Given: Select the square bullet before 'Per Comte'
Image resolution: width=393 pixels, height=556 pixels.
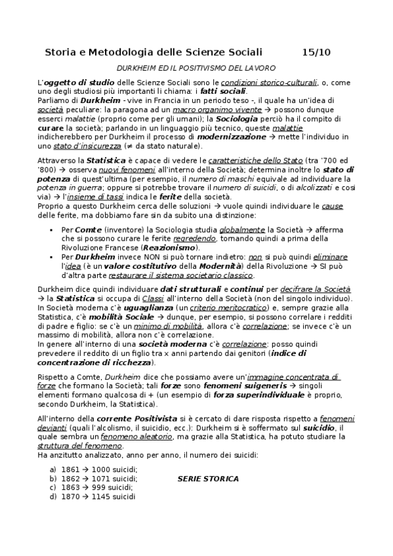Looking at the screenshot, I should (51, 231).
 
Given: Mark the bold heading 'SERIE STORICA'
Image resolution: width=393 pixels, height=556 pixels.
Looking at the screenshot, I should (208, 479).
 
